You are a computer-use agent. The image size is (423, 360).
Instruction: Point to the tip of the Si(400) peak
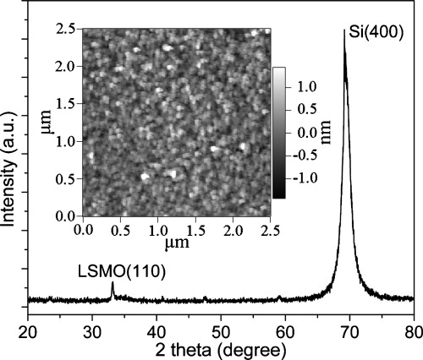344,30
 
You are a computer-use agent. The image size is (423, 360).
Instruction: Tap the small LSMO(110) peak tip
113,283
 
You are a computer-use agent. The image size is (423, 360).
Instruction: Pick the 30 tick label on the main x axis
92,330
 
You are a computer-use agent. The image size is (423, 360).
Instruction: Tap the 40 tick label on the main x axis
157,330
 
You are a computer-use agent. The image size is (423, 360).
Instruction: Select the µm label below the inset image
175,245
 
